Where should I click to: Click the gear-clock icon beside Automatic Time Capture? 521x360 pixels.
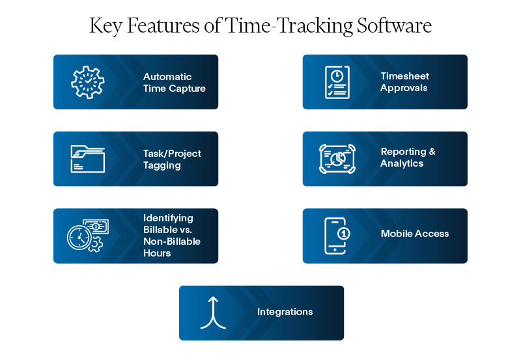point(87,82)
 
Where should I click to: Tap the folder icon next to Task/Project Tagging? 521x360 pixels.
point(87,159)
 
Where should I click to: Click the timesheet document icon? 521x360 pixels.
point(337,82)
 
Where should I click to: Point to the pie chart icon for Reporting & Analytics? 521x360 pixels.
point(337,159)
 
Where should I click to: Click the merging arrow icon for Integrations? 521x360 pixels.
point(212,312)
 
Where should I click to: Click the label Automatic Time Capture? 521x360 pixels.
point(174,83)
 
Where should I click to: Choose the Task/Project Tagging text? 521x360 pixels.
point(172,159)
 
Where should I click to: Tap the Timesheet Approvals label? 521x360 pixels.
point(404,82)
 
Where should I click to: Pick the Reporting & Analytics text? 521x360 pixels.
point(408,158)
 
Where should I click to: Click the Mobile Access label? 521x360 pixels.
point(415,234)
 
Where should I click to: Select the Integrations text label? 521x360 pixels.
point(285,312)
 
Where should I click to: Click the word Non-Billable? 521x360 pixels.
point(171,242)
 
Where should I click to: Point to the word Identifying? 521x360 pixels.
point(168,218)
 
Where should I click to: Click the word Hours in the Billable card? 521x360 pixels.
point(157,253)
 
